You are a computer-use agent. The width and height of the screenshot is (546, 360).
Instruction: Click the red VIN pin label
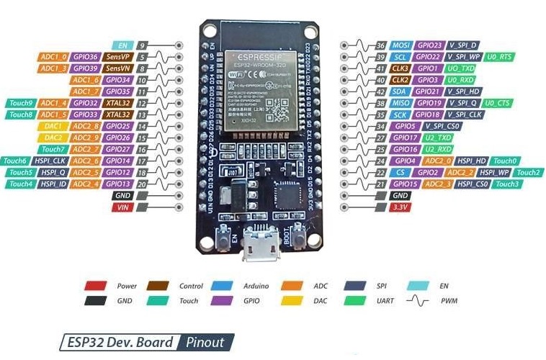tap(122, 207)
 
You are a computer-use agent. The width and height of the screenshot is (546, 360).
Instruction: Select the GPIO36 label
tap(85, 56)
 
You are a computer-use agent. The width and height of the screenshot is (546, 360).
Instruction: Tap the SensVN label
tap(117, 68)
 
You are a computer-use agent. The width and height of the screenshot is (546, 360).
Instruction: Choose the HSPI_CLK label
tap(53, 161)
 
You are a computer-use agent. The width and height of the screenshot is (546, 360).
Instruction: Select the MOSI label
tap(400, 45)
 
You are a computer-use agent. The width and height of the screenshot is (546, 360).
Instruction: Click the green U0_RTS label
tap(500, 56)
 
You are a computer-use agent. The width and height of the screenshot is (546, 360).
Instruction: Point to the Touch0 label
tap(505, 161)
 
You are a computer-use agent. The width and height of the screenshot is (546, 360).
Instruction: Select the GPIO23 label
tap(428, 45)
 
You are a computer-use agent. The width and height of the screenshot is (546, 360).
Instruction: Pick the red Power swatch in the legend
tap(96, 286)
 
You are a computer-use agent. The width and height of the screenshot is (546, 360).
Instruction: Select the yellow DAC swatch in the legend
tap(292, 300)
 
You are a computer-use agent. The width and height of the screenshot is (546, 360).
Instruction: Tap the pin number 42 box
tap(380, 91)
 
